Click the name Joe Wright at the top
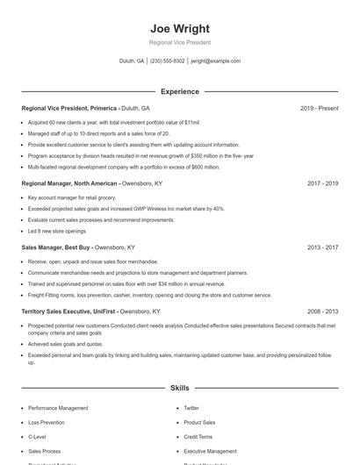[179, 28]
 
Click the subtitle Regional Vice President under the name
[179, 42]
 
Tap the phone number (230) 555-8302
[167, 61]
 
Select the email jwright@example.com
[215, 61]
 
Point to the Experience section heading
[179, 91]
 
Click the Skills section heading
[179, 387]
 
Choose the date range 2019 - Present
[319, 108]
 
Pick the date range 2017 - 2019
[322, 183]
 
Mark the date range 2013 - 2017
[322, 247]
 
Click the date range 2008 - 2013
[322, 311]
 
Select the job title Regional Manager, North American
[69, 183]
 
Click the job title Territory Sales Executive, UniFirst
[68, 311]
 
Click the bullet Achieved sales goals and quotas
[66, 344]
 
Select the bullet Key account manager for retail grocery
[73, 197]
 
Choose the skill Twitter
[191, 408]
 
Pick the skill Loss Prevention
[46, 422]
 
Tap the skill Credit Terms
[198, 436]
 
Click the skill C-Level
[37, 436]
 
